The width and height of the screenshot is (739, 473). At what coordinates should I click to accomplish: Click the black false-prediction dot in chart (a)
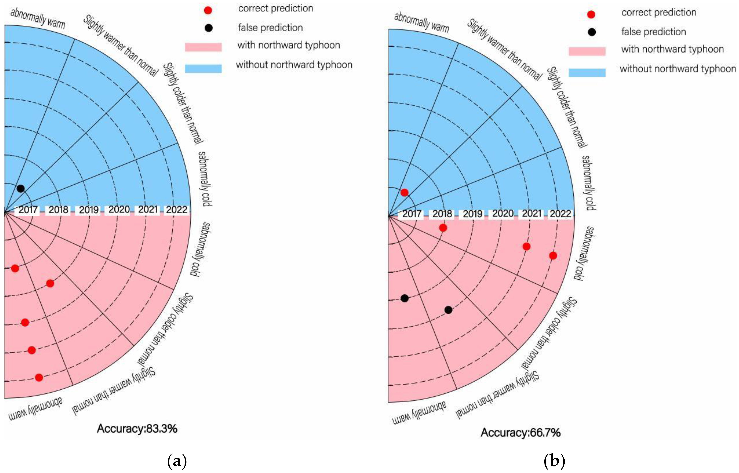click(x=21, y=189)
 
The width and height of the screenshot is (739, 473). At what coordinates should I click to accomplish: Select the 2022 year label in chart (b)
click(x=560, y=214)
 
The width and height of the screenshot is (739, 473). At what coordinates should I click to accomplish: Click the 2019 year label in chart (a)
click(x=89, y=210)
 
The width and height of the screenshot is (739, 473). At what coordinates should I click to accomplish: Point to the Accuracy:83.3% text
click(x=137, y=429)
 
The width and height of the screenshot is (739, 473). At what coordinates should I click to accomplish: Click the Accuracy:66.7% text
click(x=520, y=432)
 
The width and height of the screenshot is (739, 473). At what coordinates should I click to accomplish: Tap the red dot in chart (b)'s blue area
click(x=405, y=193)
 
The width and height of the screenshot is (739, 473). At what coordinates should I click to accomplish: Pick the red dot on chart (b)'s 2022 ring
click(x=553, y=256)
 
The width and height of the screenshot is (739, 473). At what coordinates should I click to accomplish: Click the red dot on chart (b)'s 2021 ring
click(x=526, y=246)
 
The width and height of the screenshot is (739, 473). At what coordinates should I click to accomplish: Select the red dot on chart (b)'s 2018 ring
click(x=443, y=228)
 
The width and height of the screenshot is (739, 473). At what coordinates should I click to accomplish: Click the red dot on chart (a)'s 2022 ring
click(x=39, y=378)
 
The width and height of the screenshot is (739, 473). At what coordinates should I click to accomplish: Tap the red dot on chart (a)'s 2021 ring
click(x=32, y=350)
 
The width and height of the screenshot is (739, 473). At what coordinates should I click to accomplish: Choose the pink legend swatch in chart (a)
click(x=203, y=47)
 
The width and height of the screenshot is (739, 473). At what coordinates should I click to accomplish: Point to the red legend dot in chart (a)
click(x=208, y=10)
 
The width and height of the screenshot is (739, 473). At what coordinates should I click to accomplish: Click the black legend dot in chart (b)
click(x=591, y=32)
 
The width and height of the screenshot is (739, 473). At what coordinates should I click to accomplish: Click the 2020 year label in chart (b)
click(x=503, y=214)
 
